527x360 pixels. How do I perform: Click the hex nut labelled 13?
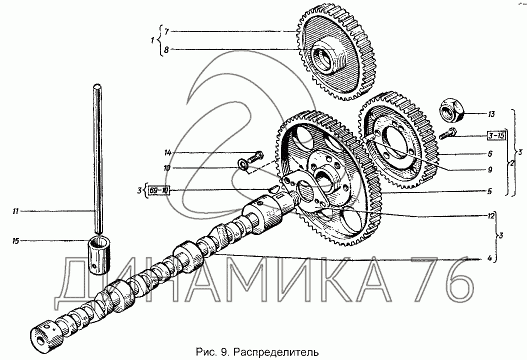(x=451, y=110)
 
